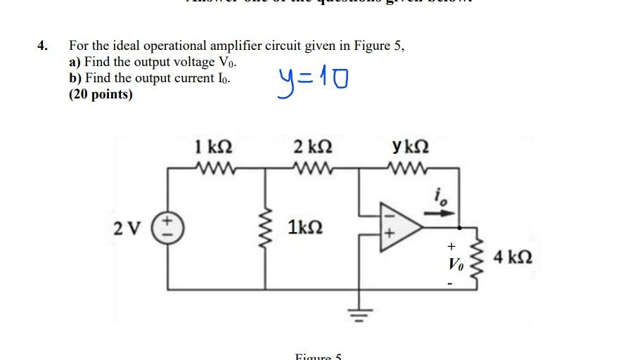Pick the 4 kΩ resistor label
[513, 257]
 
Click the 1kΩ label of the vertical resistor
[305, 228]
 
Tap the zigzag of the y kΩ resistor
[411, 169]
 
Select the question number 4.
[43, 46]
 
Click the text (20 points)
[101, 94]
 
